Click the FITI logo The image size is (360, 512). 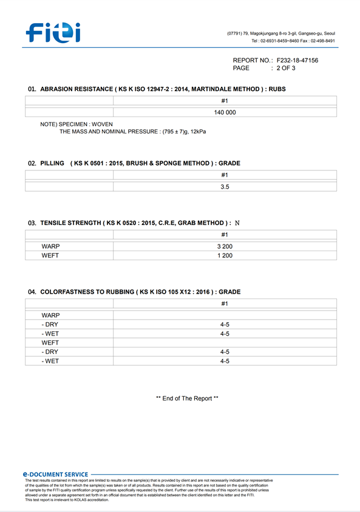(x=53, y=32)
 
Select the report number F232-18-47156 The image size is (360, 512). (x=297, y=61)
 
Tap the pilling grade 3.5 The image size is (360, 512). (x=225, y=187)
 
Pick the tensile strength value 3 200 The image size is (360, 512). (x=225, y=247)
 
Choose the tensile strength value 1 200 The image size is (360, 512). (x=225, y=256)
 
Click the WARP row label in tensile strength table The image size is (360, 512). (x=50, y=247)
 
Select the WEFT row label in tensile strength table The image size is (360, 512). (x=50, y=256)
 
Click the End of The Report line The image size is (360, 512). (x=187, y=399)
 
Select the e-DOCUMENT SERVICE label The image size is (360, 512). (x=55, y=474)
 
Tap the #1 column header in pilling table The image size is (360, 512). (x=225, y=175)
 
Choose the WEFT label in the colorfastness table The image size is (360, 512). (x=50, y=343)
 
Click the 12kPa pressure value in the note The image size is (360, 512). (x=197, y=132)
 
